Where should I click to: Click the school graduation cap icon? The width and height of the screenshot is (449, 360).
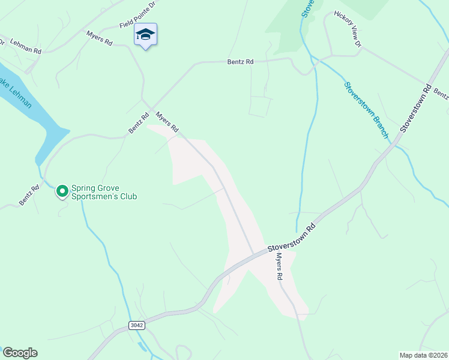click(x=145, y=35)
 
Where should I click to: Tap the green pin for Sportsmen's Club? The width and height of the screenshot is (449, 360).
click(x=62, y=191)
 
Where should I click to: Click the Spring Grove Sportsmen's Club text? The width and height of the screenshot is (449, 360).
click(x=104, y=192)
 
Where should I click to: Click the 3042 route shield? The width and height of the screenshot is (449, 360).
click(x=136, y=325)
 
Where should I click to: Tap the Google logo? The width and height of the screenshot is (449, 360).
click(x=20, y=353)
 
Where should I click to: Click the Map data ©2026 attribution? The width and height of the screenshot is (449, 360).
click(x=423, y=355)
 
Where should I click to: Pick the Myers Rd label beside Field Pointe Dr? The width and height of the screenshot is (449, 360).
click(x=99, y=39)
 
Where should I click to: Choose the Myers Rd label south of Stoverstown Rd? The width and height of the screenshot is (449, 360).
click(x=279, y=267)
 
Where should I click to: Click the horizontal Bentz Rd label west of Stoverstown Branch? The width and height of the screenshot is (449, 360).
click(x=240, y=61)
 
